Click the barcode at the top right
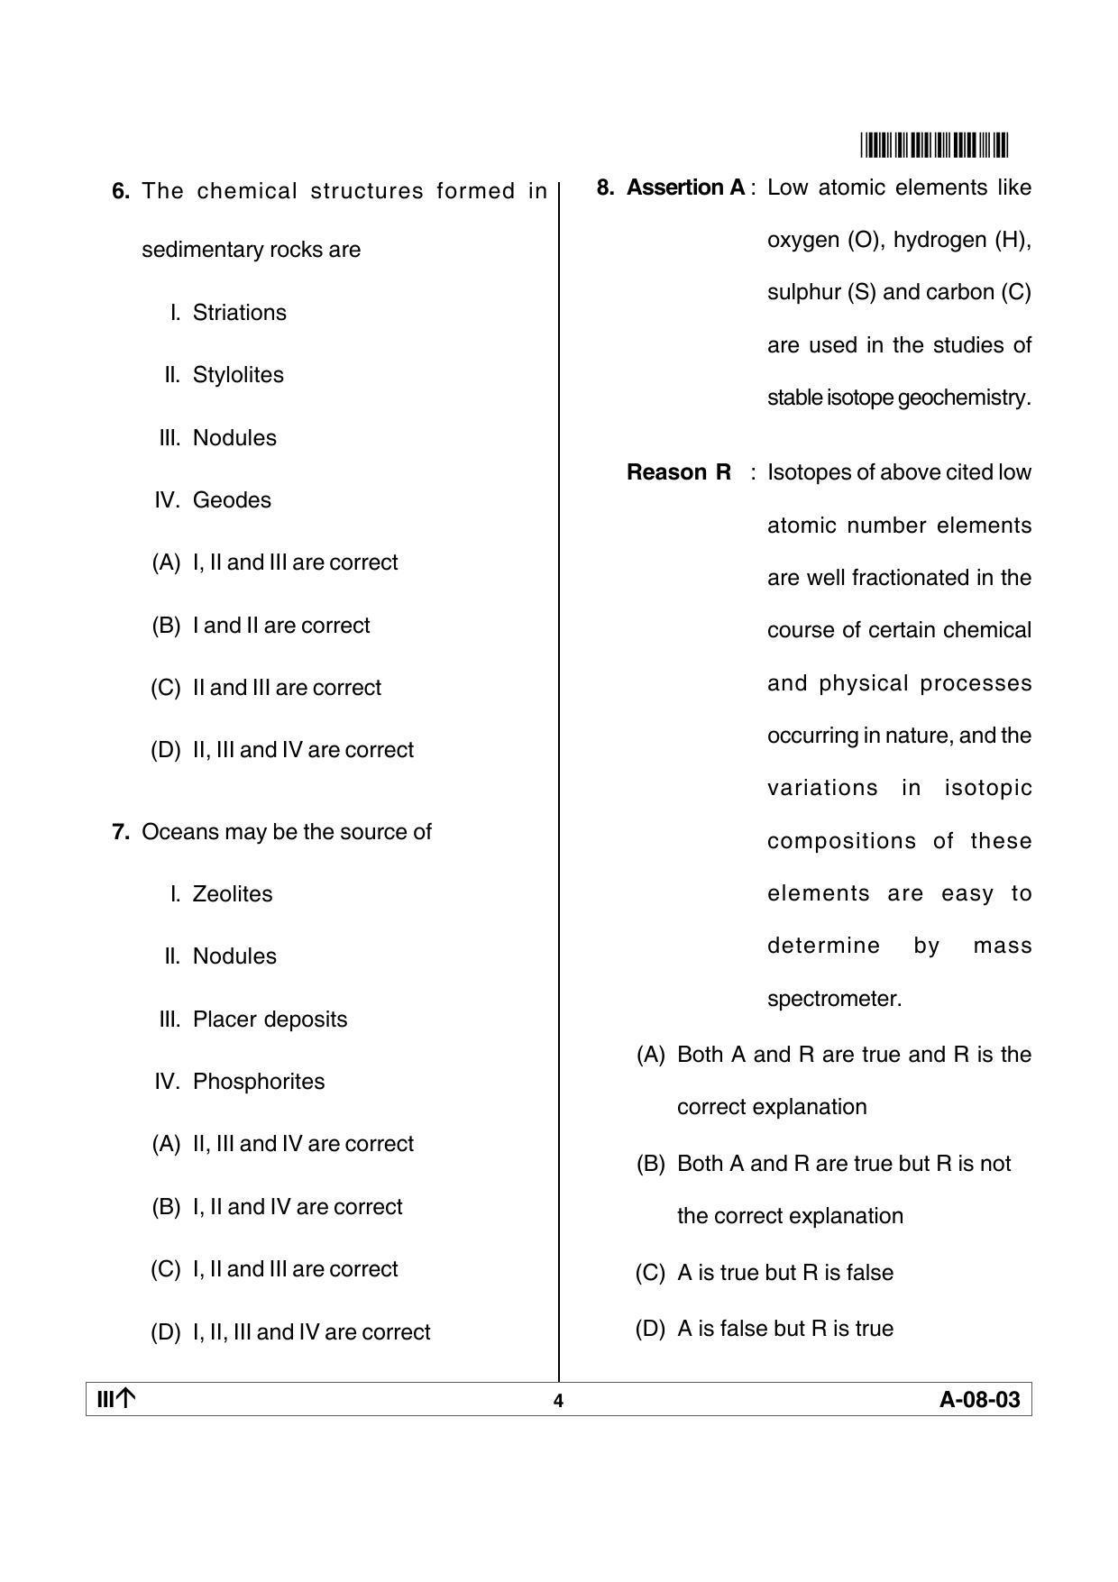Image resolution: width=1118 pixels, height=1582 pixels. click(935, 145)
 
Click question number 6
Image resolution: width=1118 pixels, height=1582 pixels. click(121, 191)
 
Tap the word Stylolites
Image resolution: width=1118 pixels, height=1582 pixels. click(238, 375)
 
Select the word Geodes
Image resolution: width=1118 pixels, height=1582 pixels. click(232, 500)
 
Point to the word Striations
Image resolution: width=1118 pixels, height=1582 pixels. click(240, 313)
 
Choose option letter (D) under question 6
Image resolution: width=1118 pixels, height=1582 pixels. click(166, 750)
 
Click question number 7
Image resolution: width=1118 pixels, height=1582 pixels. click(121, 832)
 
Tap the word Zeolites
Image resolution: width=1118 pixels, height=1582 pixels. click(233, 894)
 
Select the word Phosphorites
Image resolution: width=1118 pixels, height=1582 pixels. click(259, 1082)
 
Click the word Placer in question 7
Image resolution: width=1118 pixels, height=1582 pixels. click(219, 1020)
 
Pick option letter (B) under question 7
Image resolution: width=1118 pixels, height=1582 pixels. click(166, 1207)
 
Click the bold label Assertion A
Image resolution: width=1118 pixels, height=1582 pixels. click(686, 187)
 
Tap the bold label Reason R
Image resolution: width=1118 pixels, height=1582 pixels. click(679, 472)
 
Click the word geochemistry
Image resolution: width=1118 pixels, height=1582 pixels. click(964, 398)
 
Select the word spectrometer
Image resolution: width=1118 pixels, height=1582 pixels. click(834, 999)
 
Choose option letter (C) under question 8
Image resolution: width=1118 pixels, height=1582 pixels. click(650, 1273)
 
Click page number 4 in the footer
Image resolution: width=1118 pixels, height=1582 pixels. click(558, 1401)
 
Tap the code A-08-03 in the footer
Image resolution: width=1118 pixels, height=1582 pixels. click(980, 1400)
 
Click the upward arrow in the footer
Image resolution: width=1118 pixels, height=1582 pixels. click(126, 1399)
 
